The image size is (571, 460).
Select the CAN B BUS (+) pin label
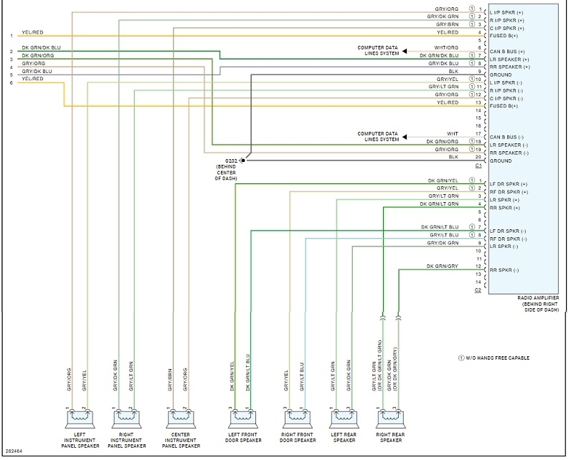(x=511, y=52)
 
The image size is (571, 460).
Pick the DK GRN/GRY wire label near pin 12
(x=442, y=266)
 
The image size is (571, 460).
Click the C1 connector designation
(x=478, y=166)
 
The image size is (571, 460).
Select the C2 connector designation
(x=478, y=289)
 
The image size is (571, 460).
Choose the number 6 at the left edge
(x=11, y=83)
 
